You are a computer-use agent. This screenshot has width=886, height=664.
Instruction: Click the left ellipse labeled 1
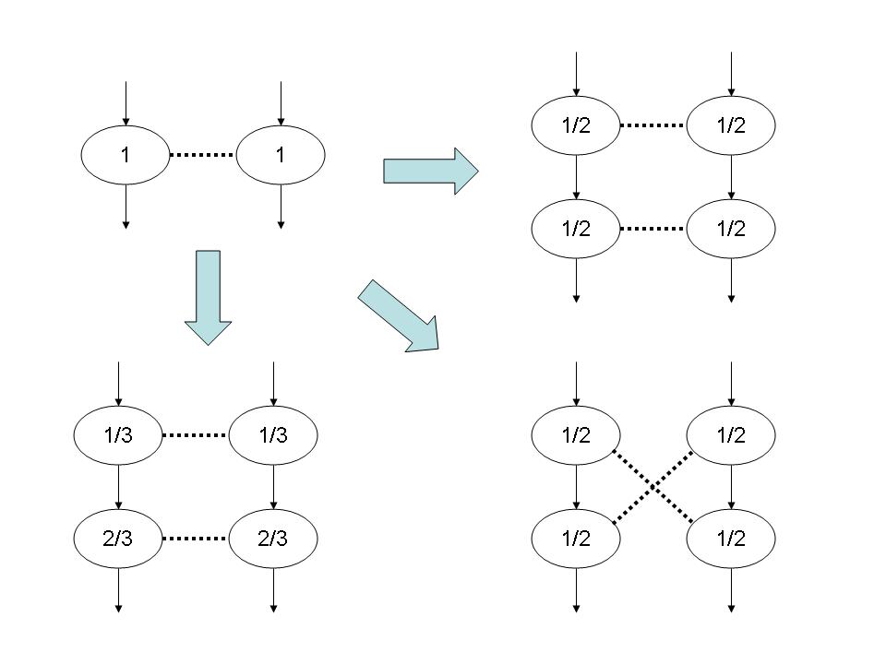pyautogui.click(x=126, y=156)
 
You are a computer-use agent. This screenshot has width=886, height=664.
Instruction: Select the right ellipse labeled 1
pyautogui.click(x=281, y=156)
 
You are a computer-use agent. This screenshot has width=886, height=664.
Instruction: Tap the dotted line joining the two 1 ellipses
pyautogui.click(x=203, y=156)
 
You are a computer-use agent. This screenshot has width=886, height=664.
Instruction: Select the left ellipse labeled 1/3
pyautogui.click(x=118, y=434)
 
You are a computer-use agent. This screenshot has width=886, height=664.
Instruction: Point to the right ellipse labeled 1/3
pyautogui.click(x=273, y=434)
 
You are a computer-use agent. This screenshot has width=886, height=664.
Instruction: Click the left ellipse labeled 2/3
pyautogui.click(x=118, y=538)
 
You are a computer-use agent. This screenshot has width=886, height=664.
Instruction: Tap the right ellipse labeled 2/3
pyautogui.click(x=273, y=538)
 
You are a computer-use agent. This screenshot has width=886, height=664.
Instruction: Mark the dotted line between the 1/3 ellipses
pyautogui.click(x=196, y=434)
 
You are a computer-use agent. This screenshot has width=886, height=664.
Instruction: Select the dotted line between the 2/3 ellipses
pyautogui.click(x=196, y=538)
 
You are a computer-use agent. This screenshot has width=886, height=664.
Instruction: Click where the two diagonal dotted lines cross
pyautogui.click(x=653, y=486)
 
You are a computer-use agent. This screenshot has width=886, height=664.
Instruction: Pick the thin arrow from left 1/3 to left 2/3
pyautogui.click(x=118, y=486)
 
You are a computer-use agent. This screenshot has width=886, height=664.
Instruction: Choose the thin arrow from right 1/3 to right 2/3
pyautogui.click(x=273, y=486)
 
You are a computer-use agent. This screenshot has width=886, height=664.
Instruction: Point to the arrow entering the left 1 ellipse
pyautogui.click(x=126, y=106)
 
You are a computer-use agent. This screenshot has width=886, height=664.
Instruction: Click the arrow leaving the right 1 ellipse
pyautogui.click(x=281, y=205)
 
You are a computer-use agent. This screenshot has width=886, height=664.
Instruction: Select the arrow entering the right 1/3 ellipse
pyautogui.click(x=273, y=385)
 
